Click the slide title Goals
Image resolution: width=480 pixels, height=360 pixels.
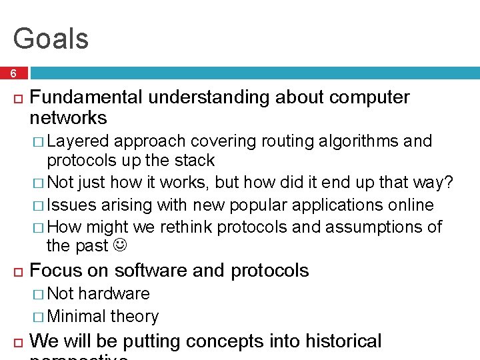[51, 39]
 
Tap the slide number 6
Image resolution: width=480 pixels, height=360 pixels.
[14, 73]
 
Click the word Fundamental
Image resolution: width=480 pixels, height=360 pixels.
[87, 97]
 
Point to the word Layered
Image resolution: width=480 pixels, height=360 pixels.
[78, 141]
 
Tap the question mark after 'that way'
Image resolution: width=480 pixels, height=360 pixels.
[449, 183]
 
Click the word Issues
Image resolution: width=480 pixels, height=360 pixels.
[71, 205]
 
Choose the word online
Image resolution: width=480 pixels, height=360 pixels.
[410, 205]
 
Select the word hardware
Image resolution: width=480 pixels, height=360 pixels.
[114, 294]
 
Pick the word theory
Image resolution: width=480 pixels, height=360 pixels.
[135, 317]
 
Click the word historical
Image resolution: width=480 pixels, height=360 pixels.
[343, 341]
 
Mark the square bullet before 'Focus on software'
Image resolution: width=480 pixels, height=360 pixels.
[17, 271]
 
